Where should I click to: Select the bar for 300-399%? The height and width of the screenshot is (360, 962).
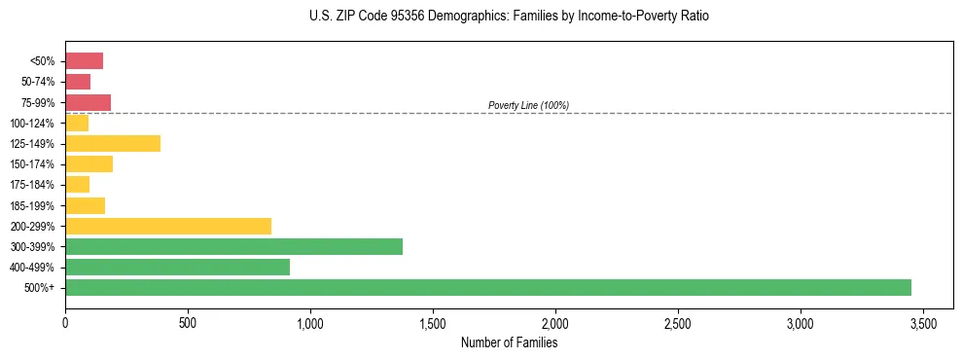click(x=233, y=246)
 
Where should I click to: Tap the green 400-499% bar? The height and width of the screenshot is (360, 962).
click(x=177, y=267)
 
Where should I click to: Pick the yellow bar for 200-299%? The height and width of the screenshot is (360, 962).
click(x=168, y=226)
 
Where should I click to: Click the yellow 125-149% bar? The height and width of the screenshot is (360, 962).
click(x=113, y=143)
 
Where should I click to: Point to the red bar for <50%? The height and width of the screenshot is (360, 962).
click(x=84, y=61)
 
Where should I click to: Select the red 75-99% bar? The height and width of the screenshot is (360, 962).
click(x=88, y=102)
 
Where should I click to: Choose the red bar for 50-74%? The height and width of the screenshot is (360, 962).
click(x=78, y=82)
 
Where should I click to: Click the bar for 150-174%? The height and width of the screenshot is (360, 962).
click(x=89, y=163)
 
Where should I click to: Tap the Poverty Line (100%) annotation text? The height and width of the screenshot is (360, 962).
click(x=528, y=105)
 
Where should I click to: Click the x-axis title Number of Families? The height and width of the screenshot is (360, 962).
click(x=509, y=342)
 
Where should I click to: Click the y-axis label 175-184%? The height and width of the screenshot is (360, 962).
click(x=32, y=185)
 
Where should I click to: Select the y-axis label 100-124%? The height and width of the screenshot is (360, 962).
click(x=32, y=124)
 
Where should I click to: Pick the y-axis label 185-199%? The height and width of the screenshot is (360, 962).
click(x=32, y=205)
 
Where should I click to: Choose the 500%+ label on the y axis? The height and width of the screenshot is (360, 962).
click(x=40, y=288)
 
